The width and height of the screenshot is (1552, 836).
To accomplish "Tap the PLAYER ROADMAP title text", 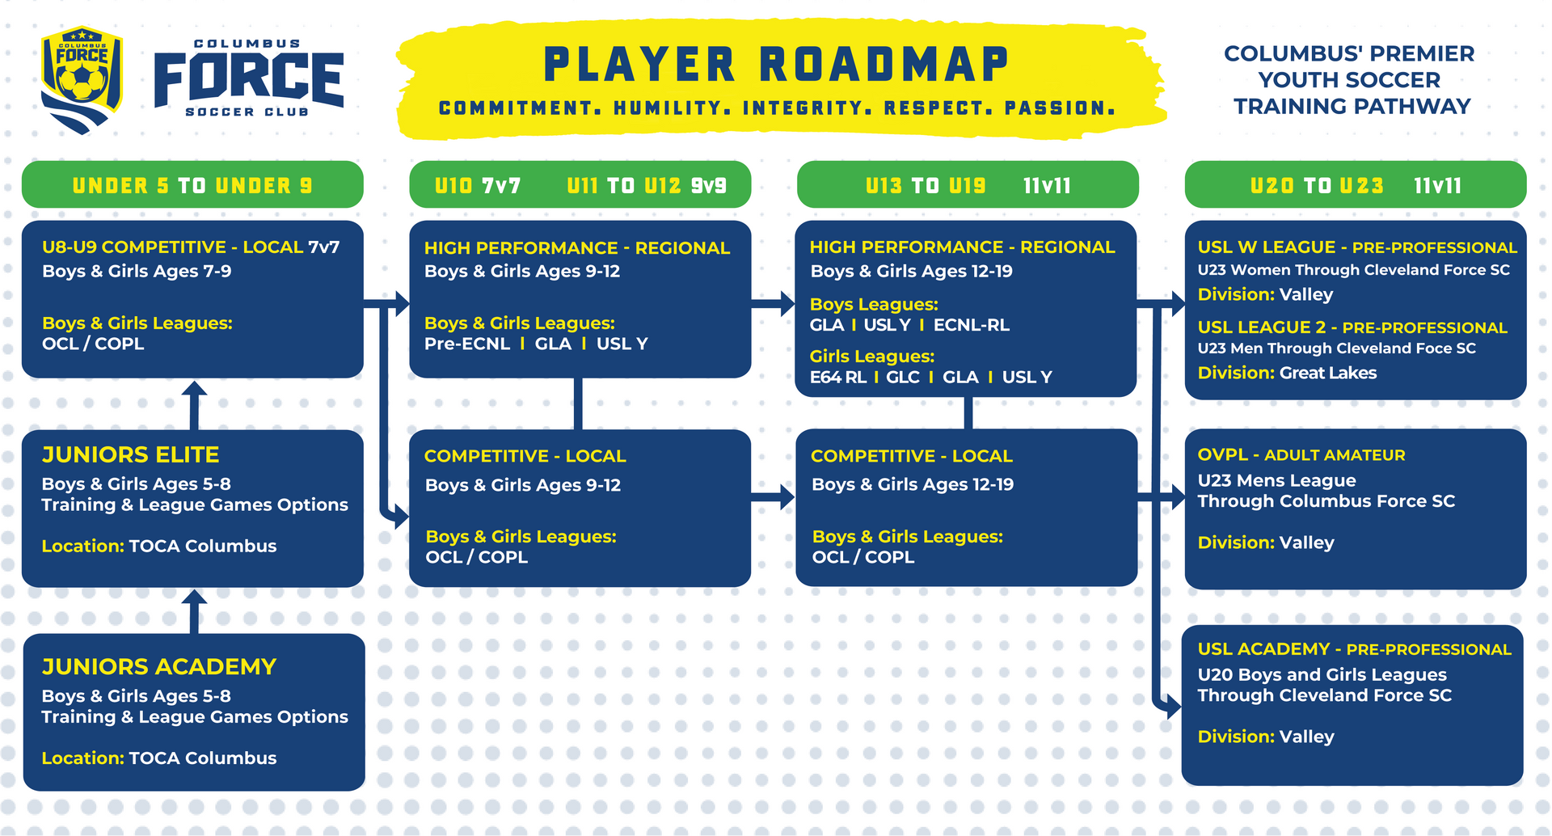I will tap(776, 65).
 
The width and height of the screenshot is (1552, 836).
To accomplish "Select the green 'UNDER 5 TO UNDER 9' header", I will tap(192, 185).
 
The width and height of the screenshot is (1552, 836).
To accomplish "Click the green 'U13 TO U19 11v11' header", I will tap(968, 185).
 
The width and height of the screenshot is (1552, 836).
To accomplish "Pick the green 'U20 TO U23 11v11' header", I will tap(1356, 185).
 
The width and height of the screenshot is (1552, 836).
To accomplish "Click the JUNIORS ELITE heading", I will tap(130, 455).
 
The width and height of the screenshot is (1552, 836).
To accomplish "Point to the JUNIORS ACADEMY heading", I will tap(158, 667).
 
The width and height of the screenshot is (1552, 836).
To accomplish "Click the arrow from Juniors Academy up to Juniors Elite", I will tap(194, 611).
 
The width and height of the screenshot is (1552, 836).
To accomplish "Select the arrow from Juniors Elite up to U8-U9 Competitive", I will tap(194, 403).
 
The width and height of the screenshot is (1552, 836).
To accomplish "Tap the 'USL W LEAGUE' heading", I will tap(1266, 247).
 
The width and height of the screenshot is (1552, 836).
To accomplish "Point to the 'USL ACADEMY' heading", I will tap(1263, 649).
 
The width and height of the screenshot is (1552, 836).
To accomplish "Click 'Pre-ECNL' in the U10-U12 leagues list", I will tap(467, 344).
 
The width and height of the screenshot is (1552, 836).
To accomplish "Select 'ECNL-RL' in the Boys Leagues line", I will tap(971, 325).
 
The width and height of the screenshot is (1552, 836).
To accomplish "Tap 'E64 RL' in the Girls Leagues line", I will tap(837, 377).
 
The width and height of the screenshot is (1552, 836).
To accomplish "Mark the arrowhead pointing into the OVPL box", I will tap(1177, 496).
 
